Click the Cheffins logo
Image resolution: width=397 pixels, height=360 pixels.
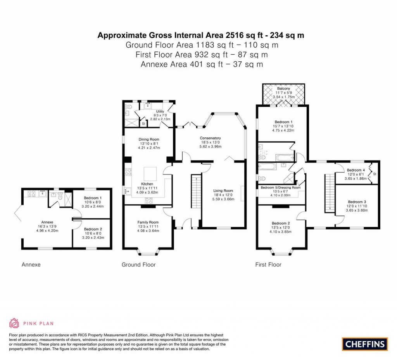[364, 344]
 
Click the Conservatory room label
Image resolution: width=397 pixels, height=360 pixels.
[210, 138]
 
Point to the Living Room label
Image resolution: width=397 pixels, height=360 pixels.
[223, 190]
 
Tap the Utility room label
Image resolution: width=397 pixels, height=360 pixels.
[160, 111]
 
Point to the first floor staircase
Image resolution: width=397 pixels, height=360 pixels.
[329, 193]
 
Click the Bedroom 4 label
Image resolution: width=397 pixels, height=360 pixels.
[356, 170]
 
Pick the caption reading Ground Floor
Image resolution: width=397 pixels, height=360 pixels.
[138, 265]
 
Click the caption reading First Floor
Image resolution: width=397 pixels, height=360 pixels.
[268, 265]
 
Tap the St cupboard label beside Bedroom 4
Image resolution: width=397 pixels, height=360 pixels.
[375, 174]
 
